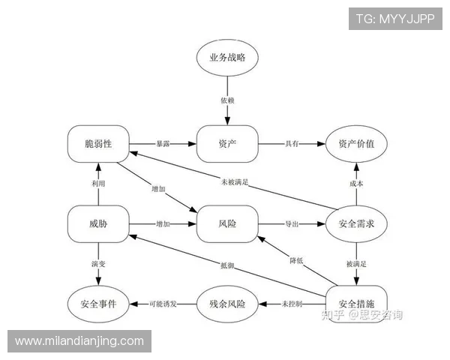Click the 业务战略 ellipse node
pos(227,58)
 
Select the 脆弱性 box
pos(98,144)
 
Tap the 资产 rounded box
pos(227,144)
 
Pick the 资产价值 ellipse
pos(356,144)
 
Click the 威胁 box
pos(98,224)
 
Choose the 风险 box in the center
pos(227,224)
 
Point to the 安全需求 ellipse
pos(356,224)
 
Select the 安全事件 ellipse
pos(98,304)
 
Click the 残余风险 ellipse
pos(227,304)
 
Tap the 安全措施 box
pos(356,304)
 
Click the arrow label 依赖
pos(227,100)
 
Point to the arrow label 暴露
pos(163,144)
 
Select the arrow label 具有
pos(292,144)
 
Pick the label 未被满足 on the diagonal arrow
pos(235,182)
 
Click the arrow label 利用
pos(98,184)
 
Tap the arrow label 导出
pos(292,224)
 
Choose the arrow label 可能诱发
pos(163,304)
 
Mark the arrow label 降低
pos(296,261)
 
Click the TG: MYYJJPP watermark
pos(395,19)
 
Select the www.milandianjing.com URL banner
pos(79,341)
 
